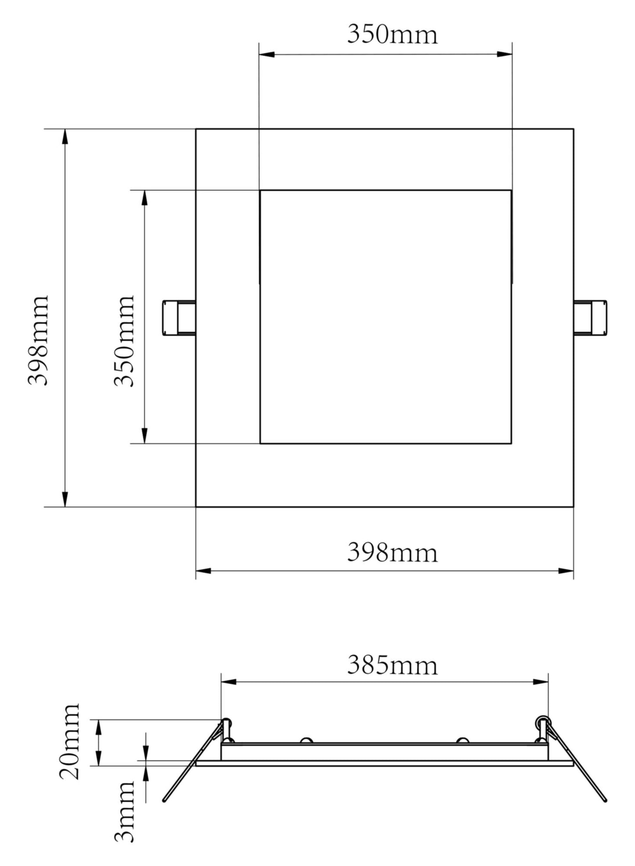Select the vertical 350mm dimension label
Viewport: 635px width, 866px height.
[x=124, y=341]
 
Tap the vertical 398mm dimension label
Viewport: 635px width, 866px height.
[x=38, y=341]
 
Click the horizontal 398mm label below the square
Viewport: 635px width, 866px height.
[x=392, y=553]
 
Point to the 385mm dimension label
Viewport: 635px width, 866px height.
[x=392, y=665]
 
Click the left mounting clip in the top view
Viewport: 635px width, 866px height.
[x=179, y=318]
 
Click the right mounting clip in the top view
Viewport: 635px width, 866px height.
[x=590, y=318]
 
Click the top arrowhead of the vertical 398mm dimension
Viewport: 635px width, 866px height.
[x=65, y=137]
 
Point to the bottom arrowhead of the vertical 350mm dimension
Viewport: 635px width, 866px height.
[x=144, y=435]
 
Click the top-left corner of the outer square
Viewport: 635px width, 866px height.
[x=196, y=129]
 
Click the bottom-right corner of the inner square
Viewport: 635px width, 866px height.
[x=511, y=443]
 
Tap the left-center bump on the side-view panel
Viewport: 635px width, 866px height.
[x=306, y=740]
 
